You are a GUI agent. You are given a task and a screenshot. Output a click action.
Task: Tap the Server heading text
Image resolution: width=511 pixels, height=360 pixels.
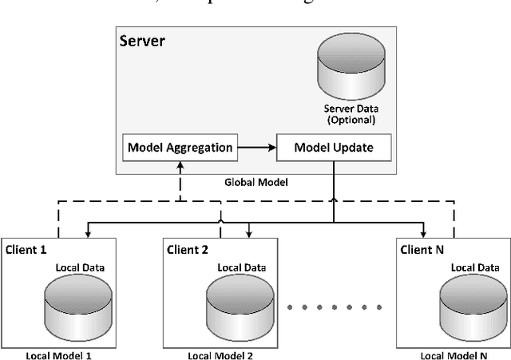[142, 40]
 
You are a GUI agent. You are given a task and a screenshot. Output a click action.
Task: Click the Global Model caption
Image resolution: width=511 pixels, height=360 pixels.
[255, 182]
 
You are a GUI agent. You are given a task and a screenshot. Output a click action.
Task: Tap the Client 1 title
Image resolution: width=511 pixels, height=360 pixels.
[26, 249]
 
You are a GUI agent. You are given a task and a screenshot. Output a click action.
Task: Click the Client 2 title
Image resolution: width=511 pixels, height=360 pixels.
[188, 249]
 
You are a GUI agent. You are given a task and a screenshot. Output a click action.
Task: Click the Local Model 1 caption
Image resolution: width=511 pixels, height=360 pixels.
[59, 354]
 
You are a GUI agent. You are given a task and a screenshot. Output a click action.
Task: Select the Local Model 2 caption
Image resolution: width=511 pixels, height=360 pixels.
[220, 354]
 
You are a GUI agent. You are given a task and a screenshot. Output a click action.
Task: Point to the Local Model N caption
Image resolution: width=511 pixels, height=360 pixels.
[453, 354]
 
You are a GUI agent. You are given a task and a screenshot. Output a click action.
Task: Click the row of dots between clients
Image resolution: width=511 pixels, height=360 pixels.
[334, 305]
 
